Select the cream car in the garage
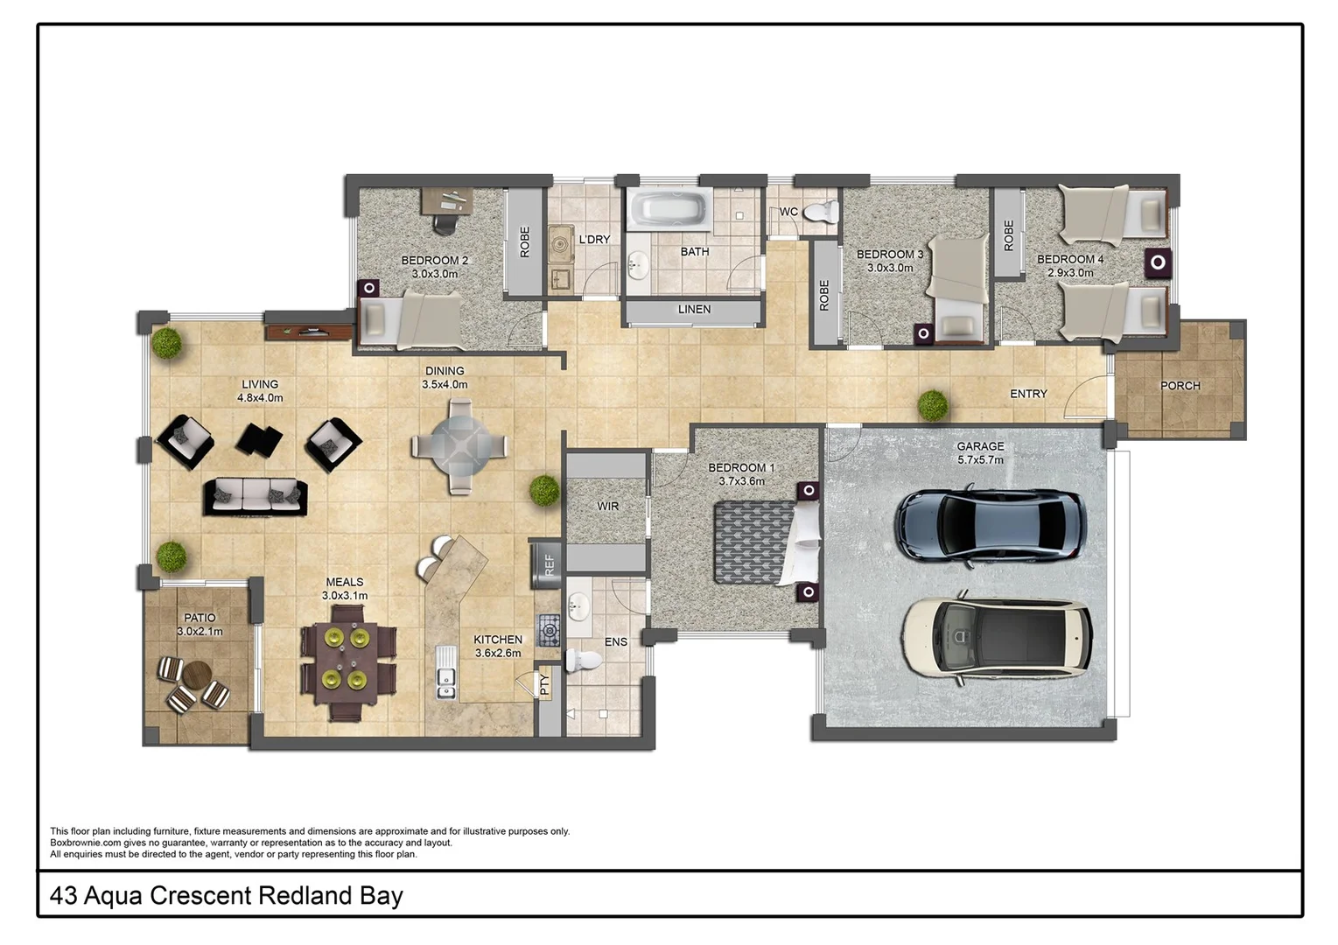[x=997, y=636]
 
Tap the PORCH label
[x=1180, y=386]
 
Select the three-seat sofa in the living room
[x=256, y=496]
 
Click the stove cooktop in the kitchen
[x=549, y=629]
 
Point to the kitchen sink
[x=446, y=682]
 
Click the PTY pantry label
[x=544, y=684]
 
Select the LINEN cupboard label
[x=694, y=310]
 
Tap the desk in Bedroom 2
[x=447, y=200]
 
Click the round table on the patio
[x=197, y=675]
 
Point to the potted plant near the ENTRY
[x=933, y=405]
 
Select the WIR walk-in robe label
[x=607, y=507]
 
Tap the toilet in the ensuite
[x=581, y=660]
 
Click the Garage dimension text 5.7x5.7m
[x=980, y=459]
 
